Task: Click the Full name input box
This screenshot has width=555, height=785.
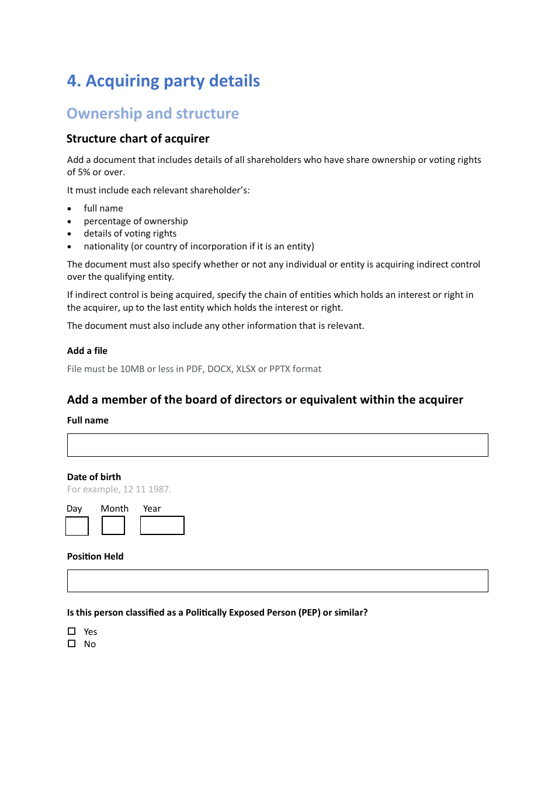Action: coord(277,445)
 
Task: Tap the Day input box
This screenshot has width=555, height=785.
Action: coord(77,526)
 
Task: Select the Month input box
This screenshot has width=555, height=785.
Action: coord(113,526)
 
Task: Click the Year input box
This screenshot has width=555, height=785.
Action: coord(162,525)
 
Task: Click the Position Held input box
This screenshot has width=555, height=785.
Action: coord(277,581)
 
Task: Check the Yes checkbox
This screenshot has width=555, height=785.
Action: coord(72,631)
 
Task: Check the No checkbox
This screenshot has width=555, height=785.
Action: coord(72,644)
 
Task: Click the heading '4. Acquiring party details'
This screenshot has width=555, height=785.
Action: coord(164,81)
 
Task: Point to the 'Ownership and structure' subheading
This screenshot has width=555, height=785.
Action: coord(153,113)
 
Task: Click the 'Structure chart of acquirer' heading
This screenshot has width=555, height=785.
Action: coord(138,138)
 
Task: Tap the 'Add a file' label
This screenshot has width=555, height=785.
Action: coord(87,350)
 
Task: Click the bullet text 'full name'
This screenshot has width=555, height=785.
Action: coord(103,208)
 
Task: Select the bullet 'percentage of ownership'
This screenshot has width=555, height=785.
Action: coord(136,221)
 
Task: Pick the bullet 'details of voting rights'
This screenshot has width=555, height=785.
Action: coord(130,233)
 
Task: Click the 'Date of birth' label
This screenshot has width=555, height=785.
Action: coord(94,477)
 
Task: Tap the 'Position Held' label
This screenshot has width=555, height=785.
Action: coord(95,556)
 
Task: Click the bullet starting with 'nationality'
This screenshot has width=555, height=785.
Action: coord(199,246)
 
